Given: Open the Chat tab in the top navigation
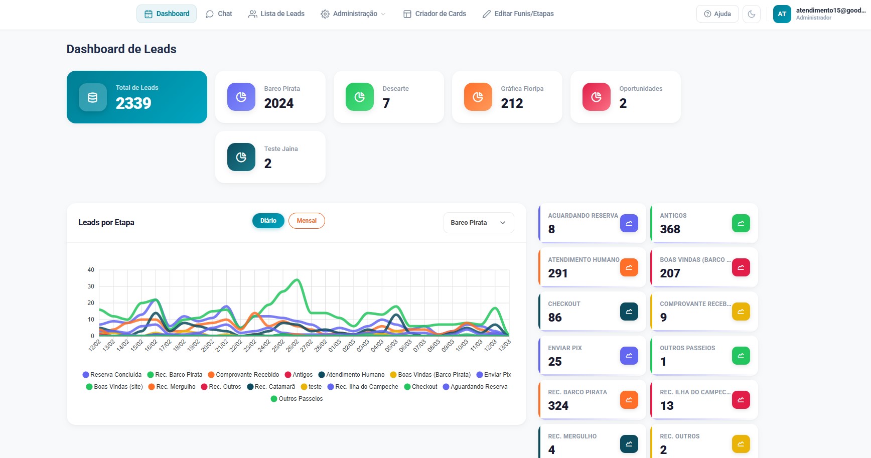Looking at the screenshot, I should [219, 14].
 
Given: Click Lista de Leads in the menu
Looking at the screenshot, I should [276, 14].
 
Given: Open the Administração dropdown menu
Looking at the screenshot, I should [353, 14].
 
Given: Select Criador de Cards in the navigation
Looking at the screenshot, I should [434, 14].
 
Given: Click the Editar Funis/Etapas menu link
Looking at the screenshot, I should [518, 14].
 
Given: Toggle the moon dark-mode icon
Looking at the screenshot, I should [751, 14].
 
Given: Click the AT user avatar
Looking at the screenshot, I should [782, 14].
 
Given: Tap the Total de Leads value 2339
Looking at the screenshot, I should [133, 103].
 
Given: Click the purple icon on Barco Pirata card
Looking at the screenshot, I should [241, 97].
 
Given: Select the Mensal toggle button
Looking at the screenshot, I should [307, 221].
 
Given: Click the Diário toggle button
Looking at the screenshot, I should [268, 221].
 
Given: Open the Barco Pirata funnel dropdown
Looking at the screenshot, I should [478, 223].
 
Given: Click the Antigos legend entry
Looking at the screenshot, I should [299, 375].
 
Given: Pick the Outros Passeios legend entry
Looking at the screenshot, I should [297, 399].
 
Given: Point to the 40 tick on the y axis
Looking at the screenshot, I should [91, 270].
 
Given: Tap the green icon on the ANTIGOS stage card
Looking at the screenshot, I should [741, 223].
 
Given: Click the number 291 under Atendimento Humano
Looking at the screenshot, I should [558, 273].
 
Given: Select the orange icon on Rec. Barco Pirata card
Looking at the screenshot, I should [629, 400].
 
